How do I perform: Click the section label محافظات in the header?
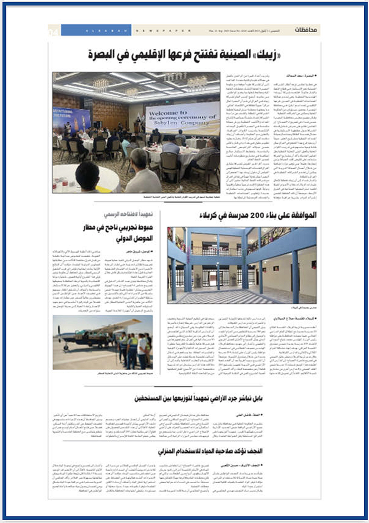click(x=305, y=30)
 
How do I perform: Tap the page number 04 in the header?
click(x=54, y=32)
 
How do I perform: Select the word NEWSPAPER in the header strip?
click(x=163, y=31)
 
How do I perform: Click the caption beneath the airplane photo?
click(x=125, y=373)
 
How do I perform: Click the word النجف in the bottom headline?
click(x=255, y=451)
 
